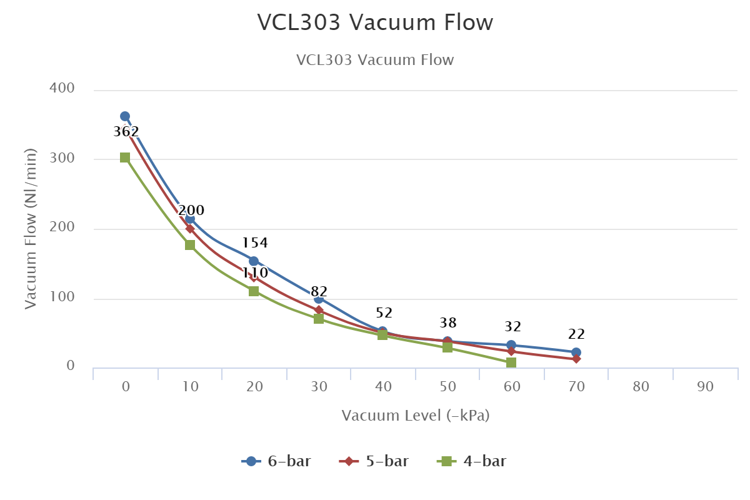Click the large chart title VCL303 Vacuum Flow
coord(375,22)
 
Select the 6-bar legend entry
coord(276,461)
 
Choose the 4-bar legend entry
coord(472,461)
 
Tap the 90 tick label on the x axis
coord(705,387)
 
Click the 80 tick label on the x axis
coord(641,387)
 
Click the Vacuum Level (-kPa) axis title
coord(415,416)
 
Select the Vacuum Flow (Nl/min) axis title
coord(31,228)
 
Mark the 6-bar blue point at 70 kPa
coord(576,352)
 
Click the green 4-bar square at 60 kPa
coord(511,362)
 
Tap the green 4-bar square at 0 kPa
coord(125,157)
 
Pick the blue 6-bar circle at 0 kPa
coord(125,116)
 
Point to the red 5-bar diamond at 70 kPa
coord(576,359)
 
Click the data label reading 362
coord(126,132)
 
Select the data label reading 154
coord(254,243)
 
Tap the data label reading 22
coord(576,334)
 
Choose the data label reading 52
coord(384,313)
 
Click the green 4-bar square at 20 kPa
coord(254,291)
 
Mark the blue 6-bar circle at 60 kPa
coord(511,345)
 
